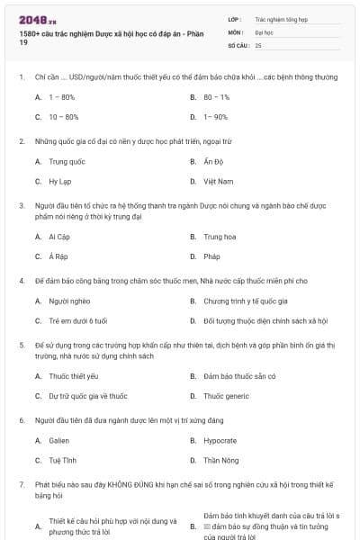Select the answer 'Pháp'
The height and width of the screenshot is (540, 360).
[x=212, y=256]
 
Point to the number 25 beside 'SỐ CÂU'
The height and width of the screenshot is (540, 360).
[x=259, y=45]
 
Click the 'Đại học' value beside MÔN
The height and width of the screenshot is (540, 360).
[x=264, y=31]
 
